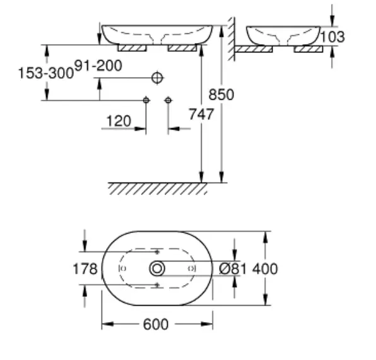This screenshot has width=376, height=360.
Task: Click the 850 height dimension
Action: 221,94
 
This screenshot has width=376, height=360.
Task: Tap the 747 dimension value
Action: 201,114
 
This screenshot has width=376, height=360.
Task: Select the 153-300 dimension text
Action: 46,73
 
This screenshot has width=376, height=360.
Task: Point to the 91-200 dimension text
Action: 98,66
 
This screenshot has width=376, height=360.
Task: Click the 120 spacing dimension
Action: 119,121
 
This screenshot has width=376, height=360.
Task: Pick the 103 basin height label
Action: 332,37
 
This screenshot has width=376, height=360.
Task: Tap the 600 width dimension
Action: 156,324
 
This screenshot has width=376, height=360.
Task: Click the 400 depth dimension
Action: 265,268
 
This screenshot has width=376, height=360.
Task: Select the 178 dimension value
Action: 85,268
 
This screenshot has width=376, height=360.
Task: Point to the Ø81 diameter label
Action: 233,268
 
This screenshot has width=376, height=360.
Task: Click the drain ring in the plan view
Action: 157,268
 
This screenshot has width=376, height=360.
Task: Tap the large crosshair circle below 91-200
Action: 157,78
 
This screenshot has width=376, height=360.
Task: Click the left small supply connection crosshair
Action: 146,100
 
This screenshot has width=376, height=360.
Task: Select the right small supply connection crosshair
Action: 168,100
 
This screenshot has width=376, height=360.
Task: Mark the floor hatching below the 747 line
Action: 158,189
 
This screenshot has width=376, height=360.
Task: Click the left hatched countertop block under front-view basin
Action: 132,48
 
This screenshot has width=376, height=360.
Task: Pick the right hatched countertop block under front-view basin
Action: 182,48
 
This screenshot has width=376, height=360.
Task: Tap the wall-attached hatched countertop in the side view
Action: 254,49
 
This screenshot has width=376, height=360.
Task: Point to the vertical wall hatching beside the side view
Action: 232,39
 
